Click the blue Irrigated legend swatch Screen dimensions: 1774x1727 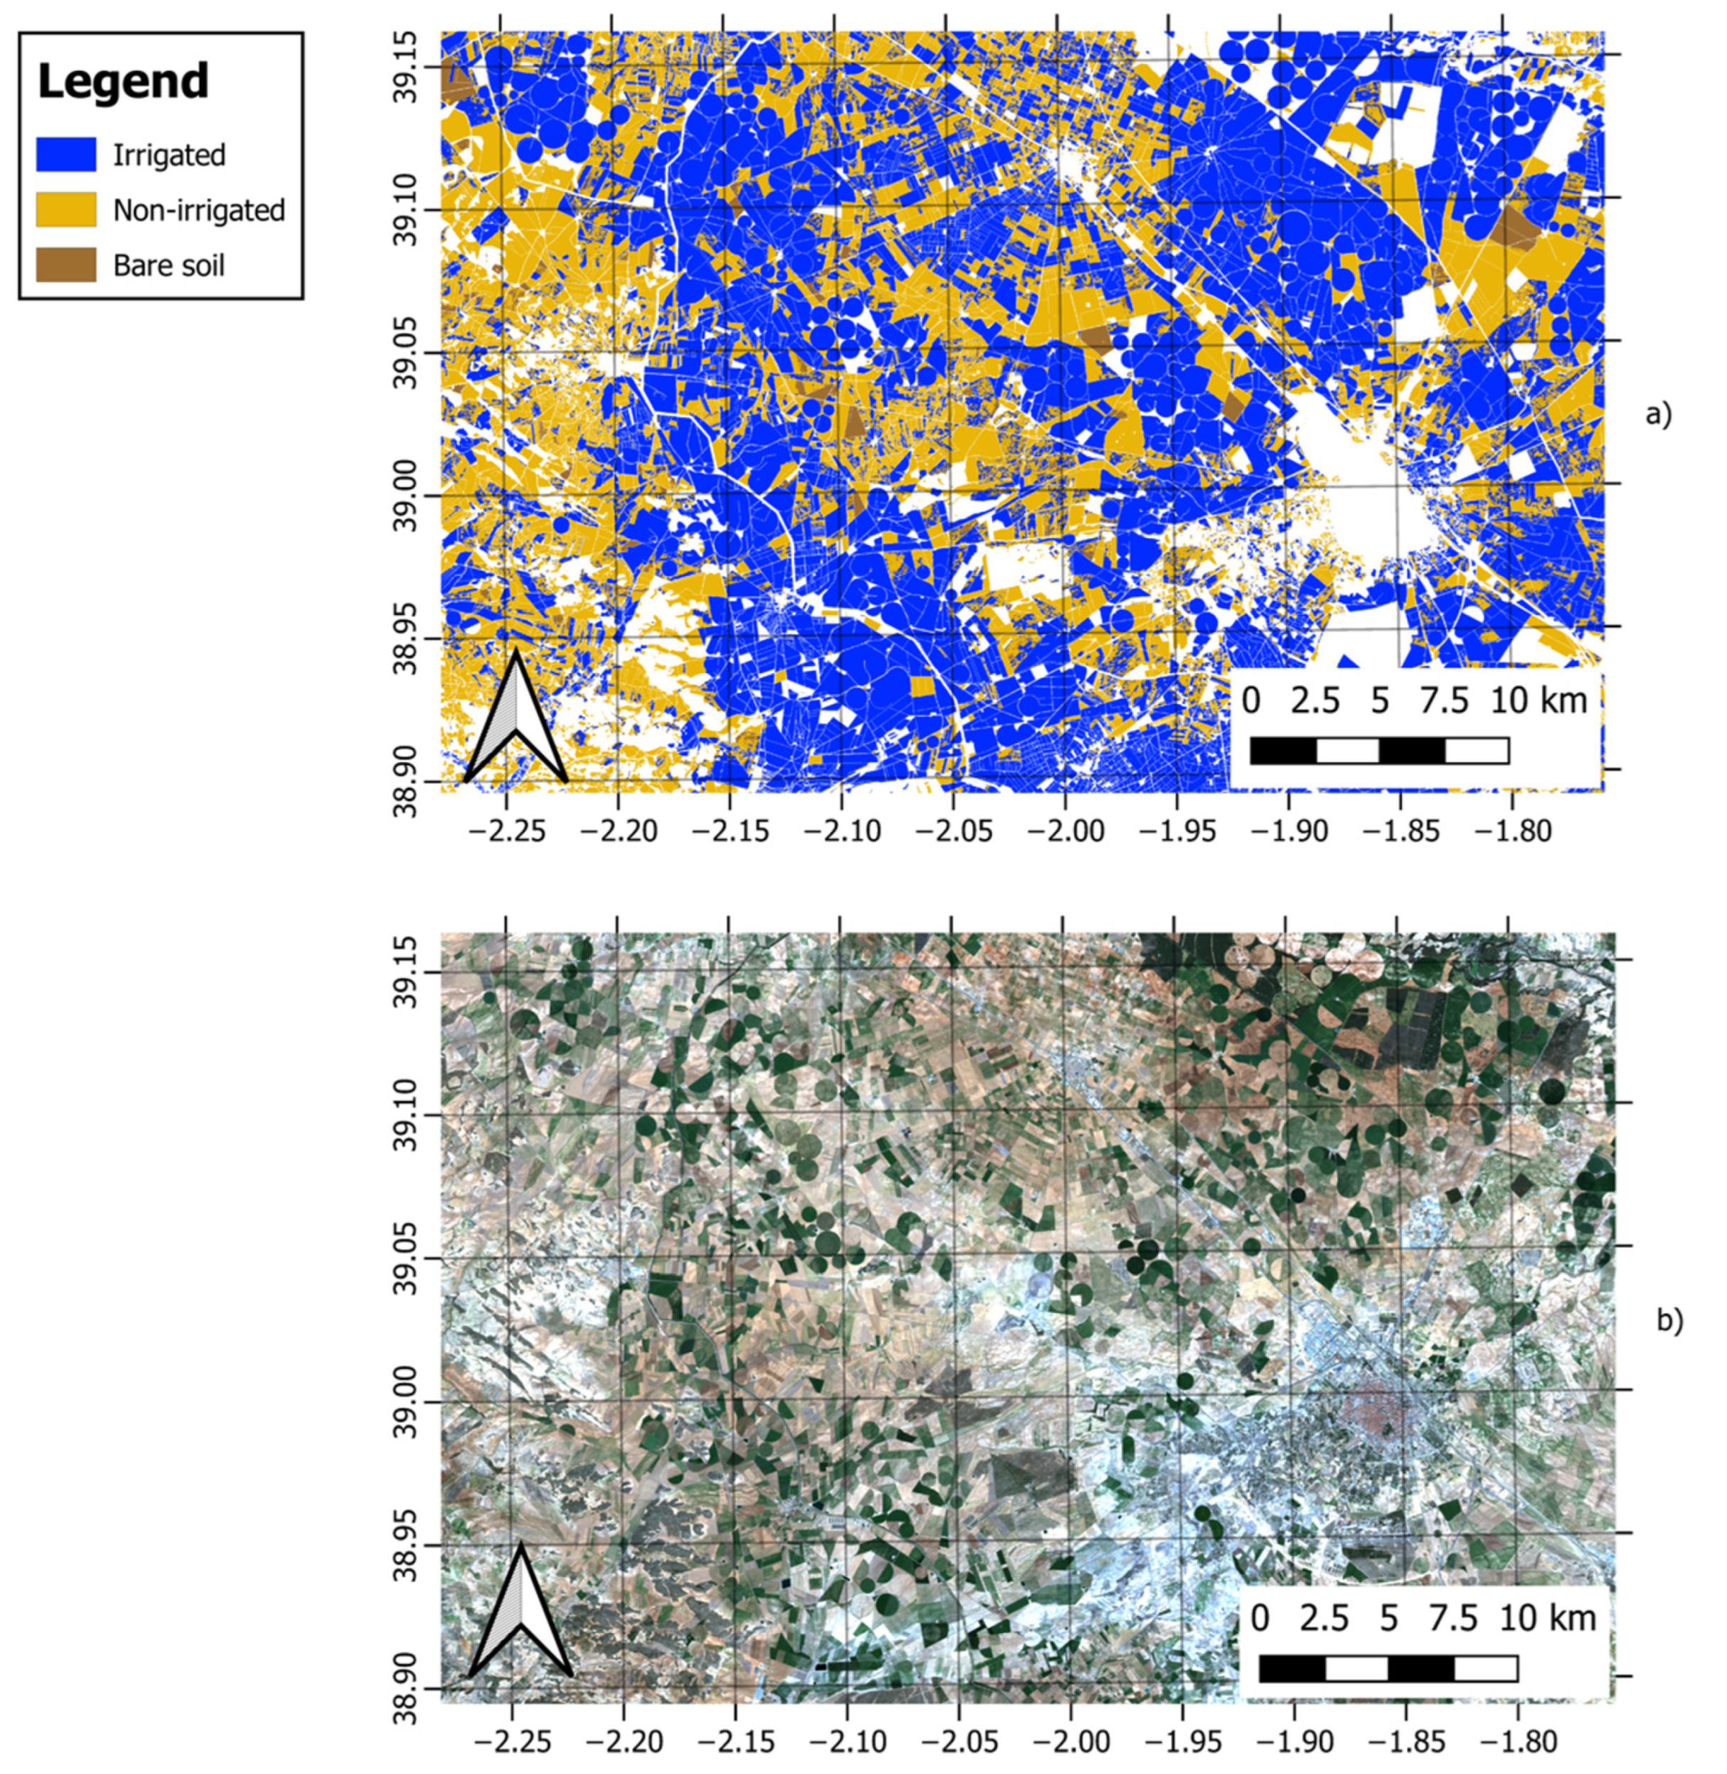tap(65, 154)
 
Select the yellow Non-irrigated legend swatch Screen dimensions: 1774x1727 tap(65, 209)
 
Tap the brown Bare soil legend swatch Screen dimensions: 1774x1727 tap(65, 265)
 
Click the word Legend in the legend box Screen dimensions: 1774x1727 tap(123, 82)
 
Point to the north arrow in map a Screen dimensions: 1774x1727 tap(515, 717)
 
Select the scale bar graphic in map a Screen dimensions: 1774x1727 tap(1379, 751)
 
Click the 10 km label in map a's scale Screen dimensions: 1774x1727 tap(1538, 701)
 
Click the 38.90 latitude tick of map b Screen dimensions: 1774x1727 tap(407, 1688)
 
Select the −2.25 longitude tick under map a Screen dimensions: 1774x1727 tap(506, 830)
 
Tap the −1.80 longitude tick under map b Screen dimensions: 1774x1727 tap(1516, 1740)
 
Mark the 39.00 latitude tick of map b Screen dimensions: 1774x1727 tap(407, 1402)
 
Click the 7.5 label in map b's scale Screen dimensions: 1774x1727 tap(1453, 1619)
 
